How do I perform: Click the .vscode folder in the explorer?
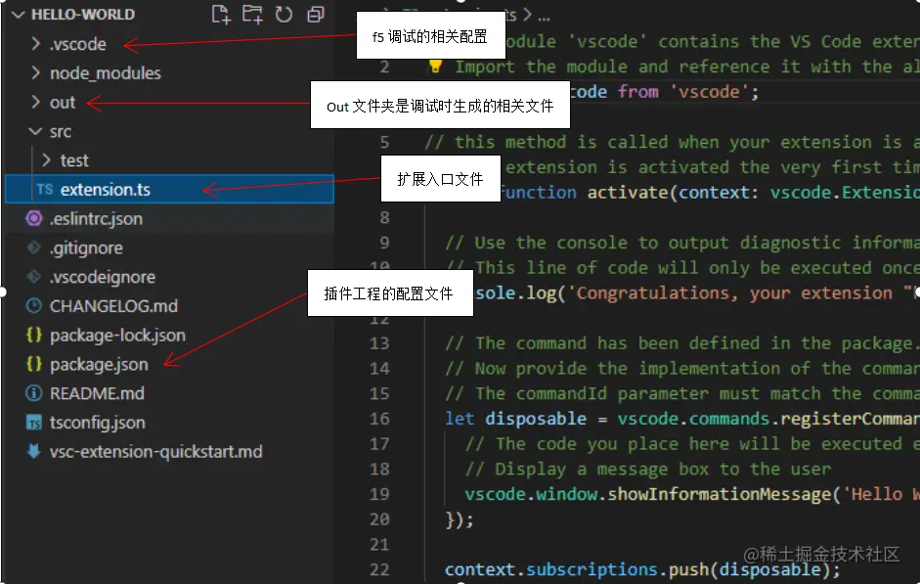pyautogui.click(x=77, y=44)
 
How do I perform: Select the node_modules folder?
pyautogui.click(x=105, y=73)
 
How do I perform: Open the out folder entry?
pyautogui.click(x=63, y=103)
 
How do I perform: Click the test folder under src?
pyautogui.click(x=74, y=160)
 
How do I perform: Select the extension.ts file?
pyautogui.click(x=105, y=190)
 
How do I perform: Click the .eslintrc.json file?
pyautogui.click(x=96, y=219)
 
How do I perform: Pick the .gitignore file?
pyautogui.click(x=86, y=248)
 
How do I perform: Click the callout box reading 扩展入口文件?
pyautogui.click(x=440, y=180)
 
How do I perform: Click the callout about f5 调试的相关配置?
pyautogui.click(x=429, y=36)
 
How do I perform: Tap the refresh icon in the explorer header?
pyautogui.click(x=284, y=15)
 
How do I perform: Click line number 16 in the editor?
pyautogui.click(x=379, y=419)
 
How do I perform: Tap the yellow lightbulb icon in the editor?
pyautogui.click(x=436, y=67)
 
